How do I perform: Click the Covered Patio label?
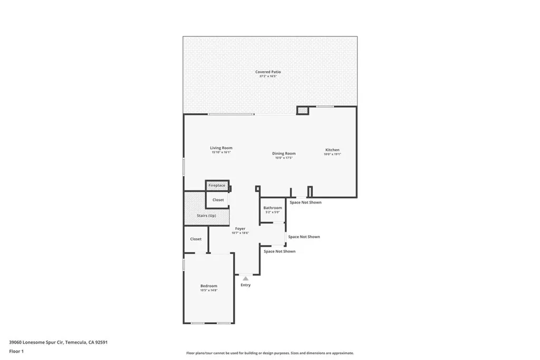point(268,72)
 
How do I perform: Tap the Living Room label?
point(221,148)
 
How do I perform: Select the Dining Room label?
point(284,153)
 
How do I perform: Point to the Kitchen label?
point(332,150)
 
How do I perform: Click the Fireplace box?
point(217,186)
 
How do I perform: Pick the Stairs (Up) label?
point(206,216)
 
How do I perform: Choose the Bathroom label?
point(273,208)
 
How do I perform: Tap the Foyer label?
point(240,229)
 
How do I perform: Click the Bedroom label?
point(208,286)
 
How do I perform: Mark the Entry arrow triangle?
point(245,278)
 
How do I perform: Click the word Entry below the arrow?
point(246,285)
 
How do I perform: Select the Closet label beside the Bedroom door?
point(196,239)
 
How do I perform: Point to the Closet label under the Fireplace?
point(218,200)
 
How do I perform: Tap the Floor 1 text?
point(16,351)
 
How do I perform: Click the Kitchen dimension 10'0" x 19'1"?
point(332,154)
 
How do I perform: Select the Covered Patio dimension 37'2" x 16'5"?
point(268,76)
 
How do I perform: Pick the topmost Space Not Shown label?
point(305,202)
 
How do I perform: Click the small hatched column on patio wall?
point(302,111)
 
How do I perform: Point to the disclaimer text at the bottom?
point(269,353)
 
